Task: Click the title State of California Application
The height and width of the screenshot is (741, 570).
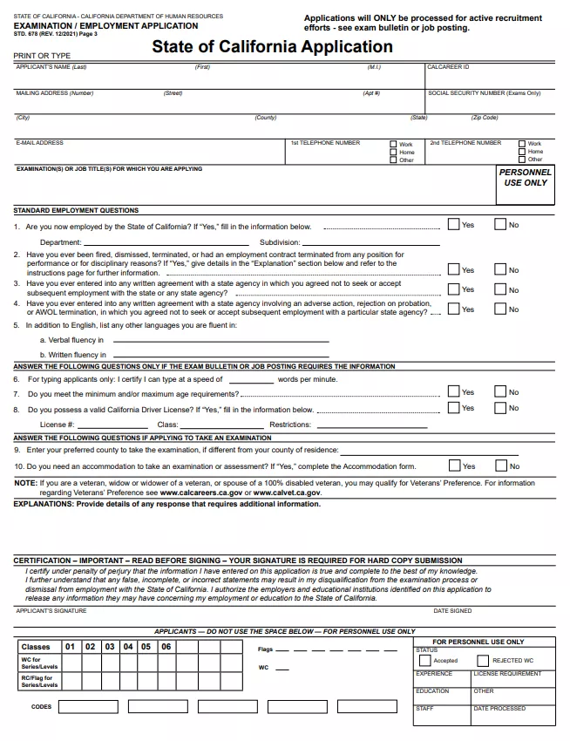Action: pyautogui.click(x=272, y=47)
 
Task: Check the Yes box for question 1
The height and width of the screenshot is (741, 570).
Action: pyautogui.click(x=453, y=224)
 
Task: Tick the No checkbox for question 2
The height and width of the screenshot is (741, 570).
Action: pyautogui.click(x=500, y=269)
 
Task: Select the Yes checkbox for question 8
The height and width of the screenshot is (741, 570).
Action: pyautogui.click(x=453, y=407)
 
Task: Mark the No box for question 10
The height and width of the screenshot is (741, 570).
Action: pyautogui.click(x=500, y=466)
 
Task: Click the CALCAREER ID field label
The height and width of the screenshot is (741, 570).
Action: pyautogui.click(x=449, y=67)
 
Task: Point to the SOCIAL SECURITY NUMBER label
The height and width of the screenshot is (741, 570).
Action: pyautogui.click(x=484, y=93)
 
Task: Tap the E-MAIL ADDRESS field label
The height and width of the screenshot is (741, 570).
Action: pyautogui.click(x=40, y=143)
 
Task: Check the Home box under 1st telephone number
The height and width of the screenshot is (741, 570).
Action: pyautogui.click(x=394, y=153)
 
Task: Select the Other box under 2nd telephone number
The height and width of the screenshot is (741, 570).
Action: pyautogui.click(x=522, y=160)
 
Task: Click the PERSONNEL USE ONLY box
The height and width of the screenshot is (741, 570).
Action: pyautogui.click(x=526, y=178)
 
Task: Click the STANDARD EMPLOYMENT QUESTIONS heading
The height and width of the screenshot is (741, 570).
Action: pyautogui.click(x=76, y=210)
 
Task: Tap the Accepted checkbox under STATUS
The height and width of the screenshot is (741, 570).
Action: pyautogui.click(x=425, y=660)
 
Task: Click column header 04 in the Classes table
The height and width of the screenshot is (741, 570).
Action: pyautogui.click(x=127, y=647)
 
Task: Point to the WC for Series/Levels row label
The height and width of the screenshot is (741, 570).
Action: pyautogui.click(x=37, y=663)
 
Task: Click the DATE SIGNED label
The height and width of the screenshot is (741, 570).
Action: pyautogui.click(x=452, y=611)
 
